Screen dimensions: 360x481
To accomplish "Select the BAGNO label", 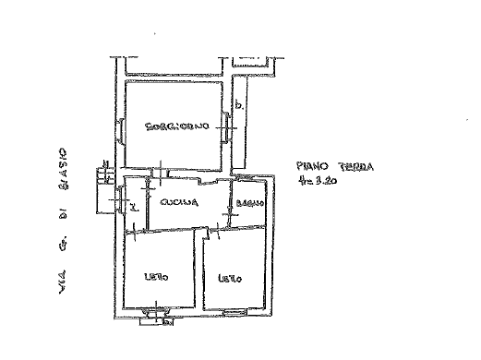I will click(248, 203).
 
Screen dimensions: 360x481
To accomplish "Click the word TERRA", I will click(355, 167).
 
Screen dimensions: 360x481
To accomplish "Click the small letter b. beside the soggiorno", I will click(240, 105).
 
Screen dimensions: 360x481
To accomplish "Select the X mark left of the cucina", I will click(134, 207).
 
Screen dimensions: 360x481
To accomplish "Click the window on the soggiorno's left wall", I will click(120, 128).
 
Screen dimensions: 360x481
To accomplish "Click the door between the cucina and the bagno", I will click(229, 204).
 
